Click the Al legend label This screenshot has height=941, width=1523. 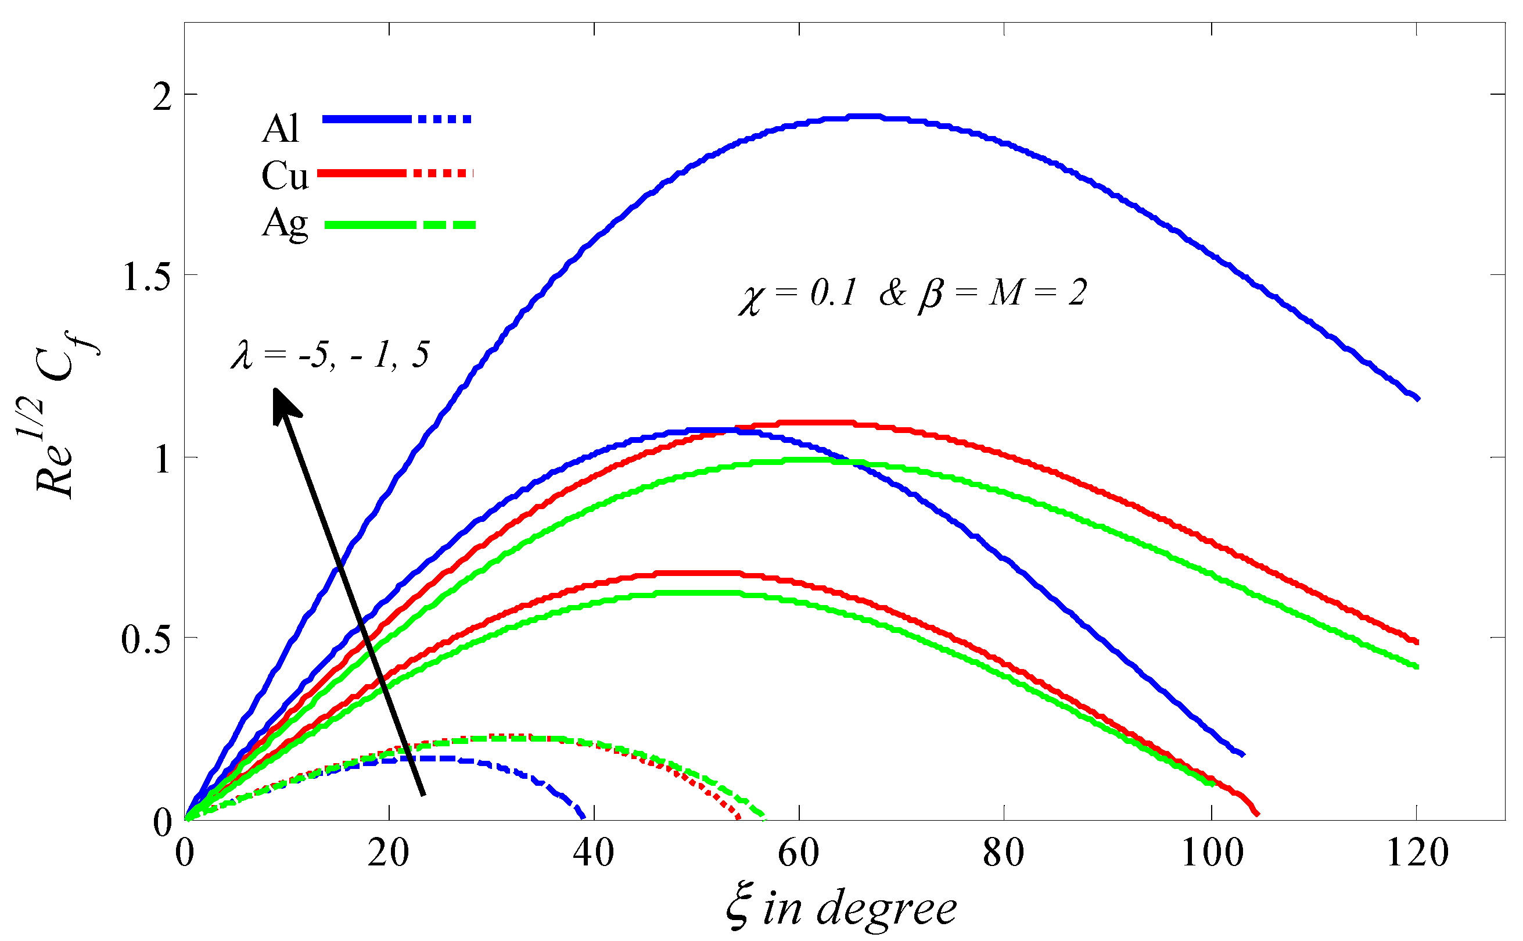tap(281, 129)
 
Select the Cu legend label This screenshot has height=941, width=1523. tap(284, 176)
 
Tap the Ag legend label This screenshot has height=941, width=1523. tap(285, 224)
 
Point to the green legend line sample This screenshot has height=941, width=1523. tap(400, 226)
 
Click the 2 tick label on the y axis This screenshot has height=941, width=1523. tap(162, 97)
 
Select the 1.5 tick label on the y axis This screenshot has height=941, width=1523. tap(147, 277)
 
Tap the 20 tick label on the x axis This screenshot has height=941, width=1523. tap(389, 853)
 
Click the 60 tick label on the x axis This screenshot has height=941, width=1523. tap(799, 853)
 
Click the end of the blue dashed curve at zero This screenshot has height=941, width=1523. tap(583, 818)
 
